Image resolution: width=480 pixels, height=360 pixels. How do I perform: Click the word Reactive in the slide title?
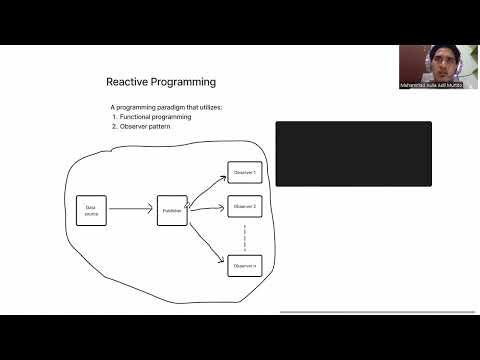(x=127, y=82)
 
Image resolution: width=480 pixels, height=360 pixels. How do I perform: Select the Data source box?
(x=91, y=210)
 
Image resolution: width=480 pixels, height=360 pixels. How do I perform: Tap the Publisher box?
(x=172, y=211)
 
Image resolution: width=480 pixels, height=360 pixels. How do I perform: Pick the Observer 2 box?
(x=245, y=207)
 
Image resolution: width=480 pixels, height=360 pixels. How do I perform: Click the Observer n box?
(x=245, y=265)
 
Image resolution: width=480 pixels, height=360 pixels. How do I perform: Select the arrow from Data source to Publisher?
(x=131, y=211)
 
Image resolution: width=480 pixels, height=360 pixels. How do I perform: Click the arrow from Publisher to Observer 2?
(x=208, y=209)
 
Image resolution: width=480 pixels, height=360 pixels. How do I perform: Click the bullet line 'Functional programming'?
(x=155, y=117)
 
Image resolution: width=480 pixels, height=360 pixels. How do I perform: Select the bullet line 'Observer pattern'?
(x=150, y=126)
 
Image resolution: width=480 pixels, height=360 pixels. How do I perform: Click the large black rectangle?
(x=353, y=154)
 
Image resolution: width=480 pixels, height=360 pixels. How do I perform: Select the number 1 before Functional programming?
(x=114, y=117)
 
